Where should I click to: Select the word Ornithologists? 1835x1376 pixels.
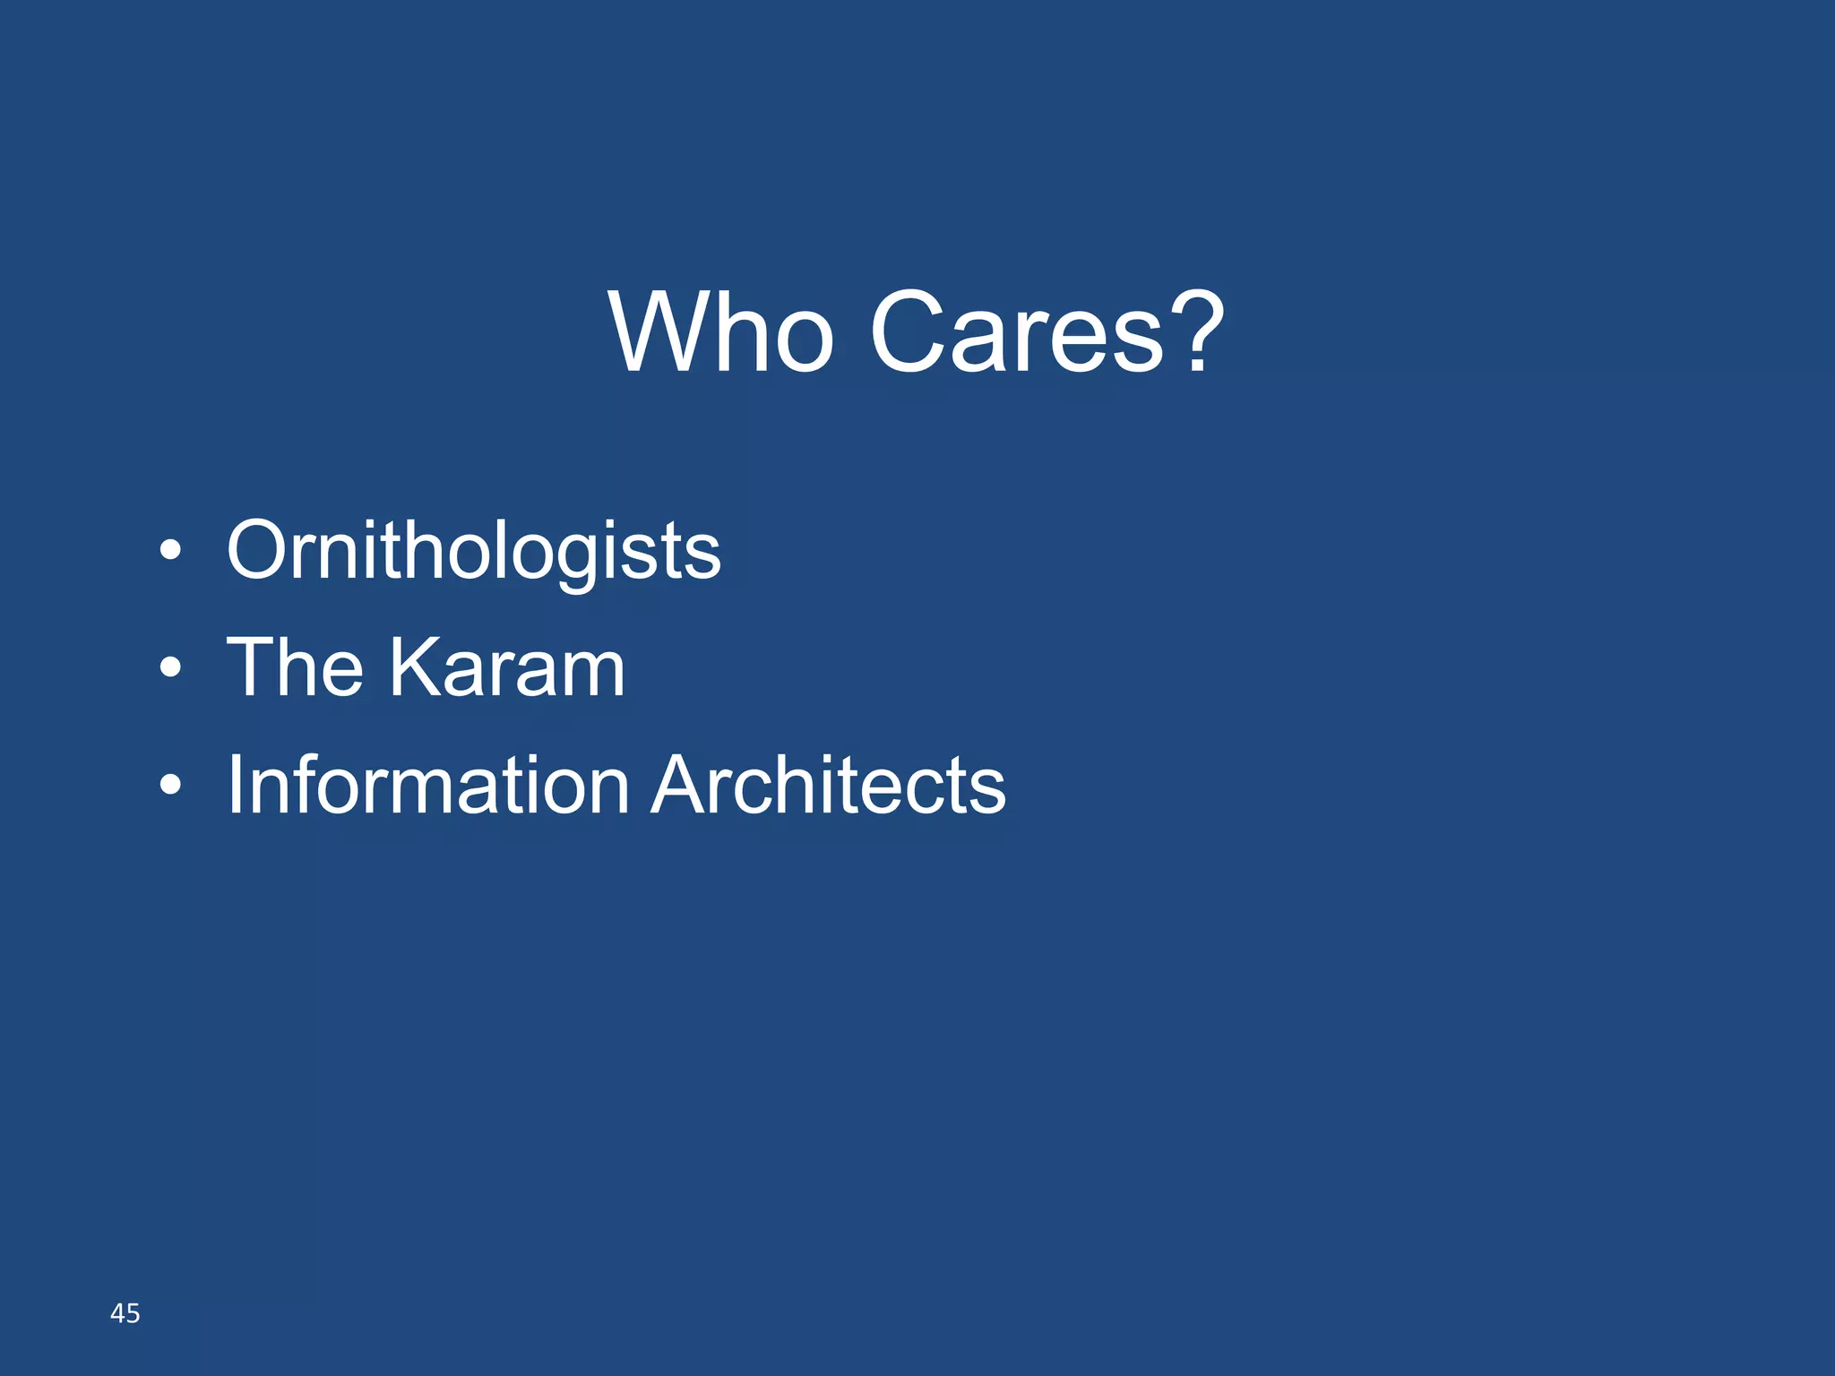473,550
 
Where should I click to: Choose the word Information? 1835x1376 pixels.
428,785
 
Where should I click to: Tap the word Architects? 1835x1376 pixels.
828,785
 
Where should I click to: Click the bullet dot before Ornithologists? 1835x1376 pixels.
170,550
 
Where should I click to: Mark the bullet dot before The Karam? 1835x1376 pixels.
170,667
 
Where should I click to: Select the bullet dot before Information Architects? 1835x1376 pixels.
170,786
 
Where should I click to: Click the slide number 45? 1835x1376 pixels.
125,1313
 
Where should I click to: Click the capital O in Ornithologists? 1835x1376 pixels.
260,550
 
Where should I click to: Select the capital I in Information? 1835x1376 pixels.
235,785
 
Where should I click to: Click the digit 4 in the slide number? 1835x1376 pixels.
117,1313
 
